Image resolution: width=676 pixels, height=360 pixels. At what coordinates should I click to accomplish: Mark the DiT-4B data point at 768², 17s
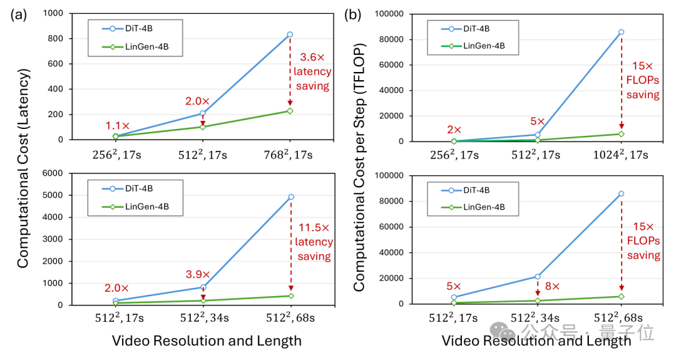290,34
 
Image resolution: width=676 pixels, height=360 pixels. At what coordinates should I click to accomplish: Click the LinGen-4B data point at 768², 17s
290,111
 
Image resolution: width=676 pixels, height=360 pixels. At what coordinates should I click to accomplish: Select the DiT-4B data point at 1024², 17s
622,32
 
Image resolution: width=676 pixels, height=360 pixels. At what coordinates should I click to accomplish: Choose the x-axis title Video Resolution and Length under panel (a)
207,341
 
